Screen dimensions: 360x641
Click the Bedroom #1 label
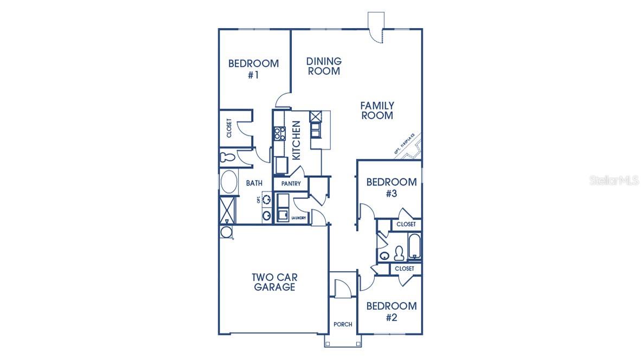(253, 69)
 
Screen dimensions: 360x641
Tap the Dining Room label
(324, 66)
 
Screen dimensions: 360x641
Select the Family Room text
(377, 110)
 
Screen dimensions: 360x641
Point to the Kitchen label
(296, 140)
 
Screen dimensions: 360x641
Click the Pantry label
(291, 184)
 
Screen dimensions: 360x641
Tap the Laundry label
(299, 218)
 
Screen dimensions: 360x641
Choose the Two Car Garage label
(274, 282)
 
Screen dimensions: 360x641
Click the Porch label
(343, 324)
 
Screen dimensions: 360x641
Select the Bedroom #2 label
(391, 312)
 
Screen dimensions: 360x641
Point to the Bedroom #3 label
(391, 188)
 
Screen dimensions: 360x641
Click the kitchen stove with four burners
(279, 133)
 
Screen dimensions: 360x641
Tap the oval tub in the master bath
(229, 182)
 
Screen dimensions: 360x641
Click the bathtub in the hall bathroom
(415, 247)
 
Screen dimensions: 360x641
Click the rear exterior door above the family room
(375, 25)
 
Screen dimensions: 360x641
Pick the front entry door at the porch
(343, 288)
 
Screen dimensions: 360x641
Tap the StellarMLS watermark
(614, 180)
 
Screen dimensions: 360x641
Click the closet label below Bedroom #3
(406, 224)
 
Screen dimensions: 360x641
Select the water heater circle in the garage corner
(226, 232)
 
